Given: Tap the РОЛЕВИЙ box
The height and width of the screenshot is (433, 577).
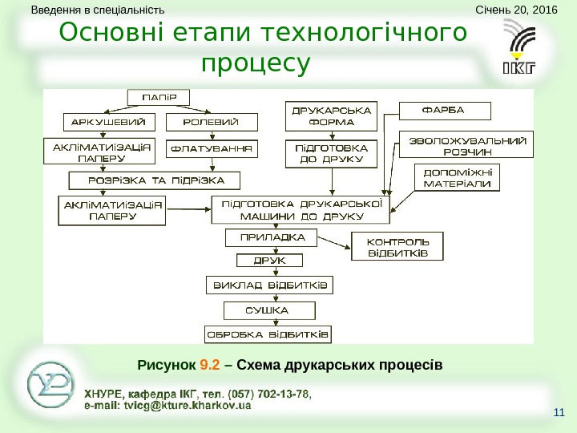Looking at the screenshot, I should coord(213,123).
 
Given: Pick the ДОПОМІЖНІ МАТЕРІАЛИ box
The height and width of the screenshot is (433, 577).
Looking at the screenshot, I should coord(457,177).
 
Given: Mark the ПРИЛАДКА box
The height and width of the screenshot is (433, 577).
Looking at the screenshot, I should coord(271,237).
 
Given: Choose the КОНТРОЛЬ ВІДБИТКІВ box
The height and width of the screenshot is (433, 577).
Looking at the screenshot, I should coord(397,247).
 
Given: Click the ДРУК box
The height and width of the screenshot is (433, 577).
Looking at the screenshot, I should coord(271,261).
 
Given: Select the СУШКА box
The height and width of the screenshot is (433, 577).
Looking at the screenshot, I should coord(271,310).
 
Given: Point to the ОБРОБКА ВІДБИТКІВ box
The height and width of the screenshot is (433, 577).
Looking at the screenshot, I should coord(268,334).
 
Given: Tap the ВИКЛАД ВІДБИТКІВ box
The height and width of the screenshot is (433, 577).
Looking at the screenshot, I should coord(270,285).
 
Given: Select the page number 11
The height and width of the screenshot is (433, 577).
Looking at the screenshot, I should coord(559,414).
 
